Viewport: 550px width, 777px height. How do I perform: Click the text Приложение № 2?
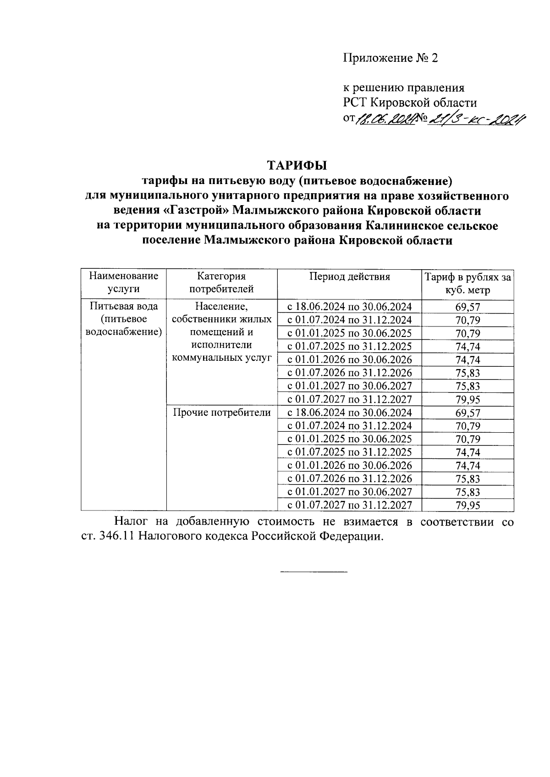pyautogui.click(x=390, y=58)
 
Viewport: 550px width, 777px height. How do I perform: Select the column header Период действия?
pyautogui.click(x=349, y=277)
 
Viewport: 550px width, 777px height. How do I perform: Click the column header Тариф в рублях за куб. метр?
pyautogui.click(x=467, y=283)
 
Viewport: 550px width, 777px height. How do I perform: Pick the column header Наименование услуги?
pyautogui.click(x=124, y=283)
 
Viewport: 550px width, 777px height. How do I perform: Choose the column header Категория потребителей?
pyautogui.click(x=221, y=283)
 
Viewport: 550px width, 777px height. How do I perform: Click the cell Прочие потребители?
pyautogui.click(x=221, y=413)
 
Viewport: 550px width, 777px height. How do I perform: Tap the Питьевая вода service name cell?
pyautogui.click(x=124, y=319)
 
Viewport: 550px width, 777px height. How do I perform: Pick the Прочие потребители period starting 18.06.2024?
pyautogui.click(x=349, y=413)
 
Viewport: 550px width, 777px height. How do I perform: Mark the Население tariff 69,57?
pyautogui.click(x=467, y=307)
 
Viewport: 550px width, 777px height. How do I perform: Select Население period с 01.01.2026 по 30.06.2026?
pyautogui.click(x=349, y=359)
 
